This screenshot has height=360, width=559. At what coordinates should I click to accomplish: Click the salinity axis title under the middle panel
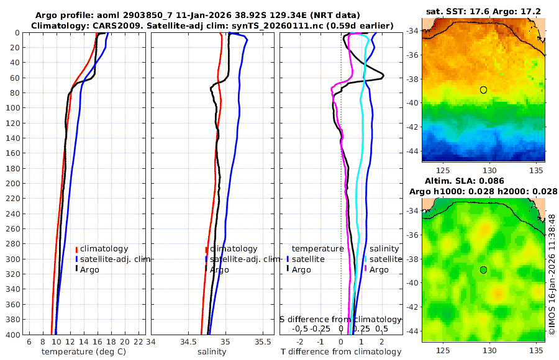pyautogui.click(x=211, y=352)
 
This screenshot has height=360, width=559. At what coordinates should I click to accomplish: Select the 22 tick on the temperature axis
pyautogui.click(x=139, y=341)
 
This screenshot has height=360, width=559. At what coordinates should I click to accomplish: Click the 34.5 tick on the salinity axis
pyautogui.click(x=188, y=341)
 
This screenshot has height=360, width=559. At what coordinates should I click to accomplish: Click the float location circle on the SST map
pyautogui.click(x=483, y=90)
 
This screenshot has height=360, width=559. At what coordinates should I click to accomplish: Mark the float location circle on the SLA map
pyautogui.click(x=483, y=269)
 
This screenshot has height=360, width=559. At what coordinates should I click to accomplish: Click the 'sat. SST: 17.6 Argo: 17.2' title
pyautogui.click(x=483, y=11)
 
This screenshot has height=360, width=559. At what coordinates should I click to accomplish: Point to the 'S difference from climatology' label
pyautogui.click(x=340, y=318)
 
